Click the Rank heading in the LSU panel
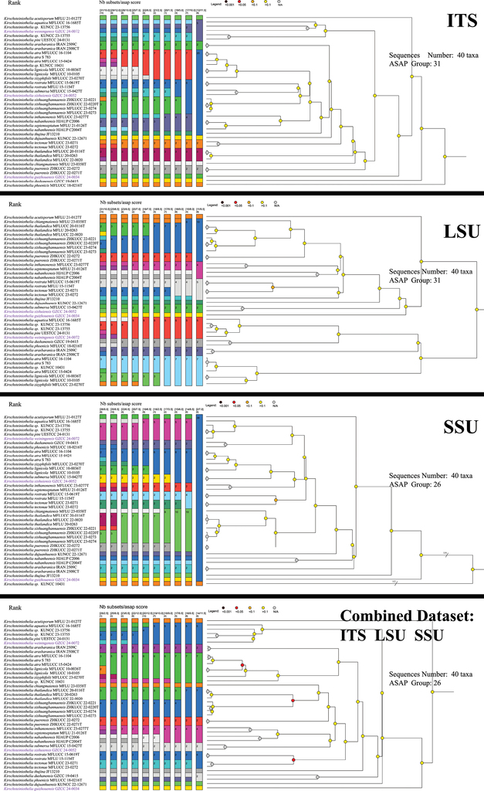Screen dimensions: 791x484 (x=14, y=205)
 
